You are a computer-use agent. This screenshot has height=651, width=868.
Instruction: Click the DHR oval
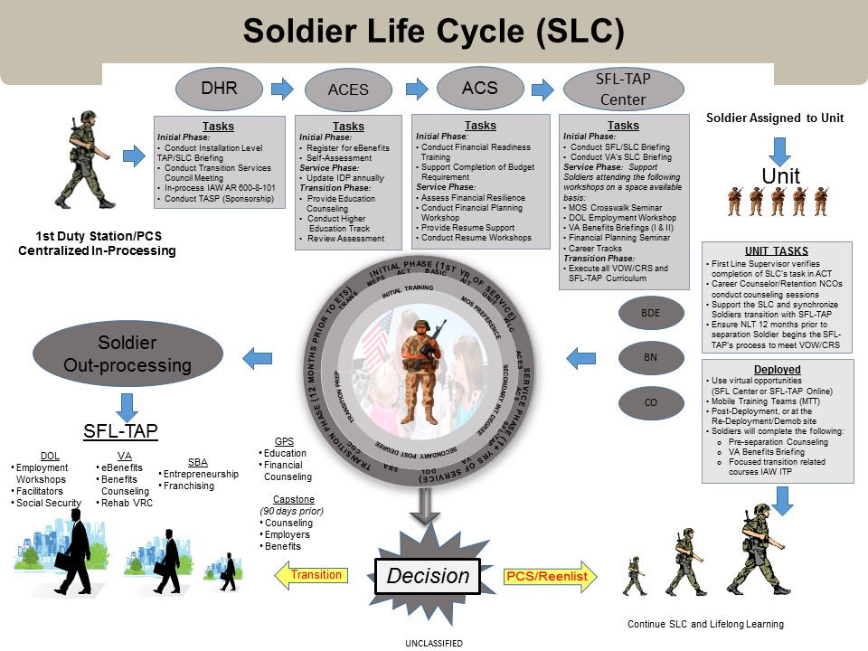pos(219,88)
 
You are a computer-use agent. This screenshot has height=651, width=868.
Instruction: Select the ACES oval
pos(348,90)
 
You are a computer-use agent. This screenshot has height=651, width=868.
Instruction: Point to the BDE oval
pos(650,314)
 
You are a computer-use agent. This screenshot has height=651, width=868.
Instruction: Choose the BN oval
pos(650,358)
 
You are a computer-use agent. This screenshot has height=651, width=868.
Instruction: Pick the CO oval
pos(650,402)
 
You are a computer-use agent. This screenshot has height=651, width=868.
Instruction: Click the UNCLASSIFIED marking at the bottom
pos(435,643)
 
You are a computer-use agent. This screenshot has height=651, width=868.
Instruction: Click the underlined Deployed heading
pos(776,370)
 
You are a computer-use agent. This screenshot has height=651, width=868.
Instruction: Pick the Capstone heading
pos(293,498)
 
